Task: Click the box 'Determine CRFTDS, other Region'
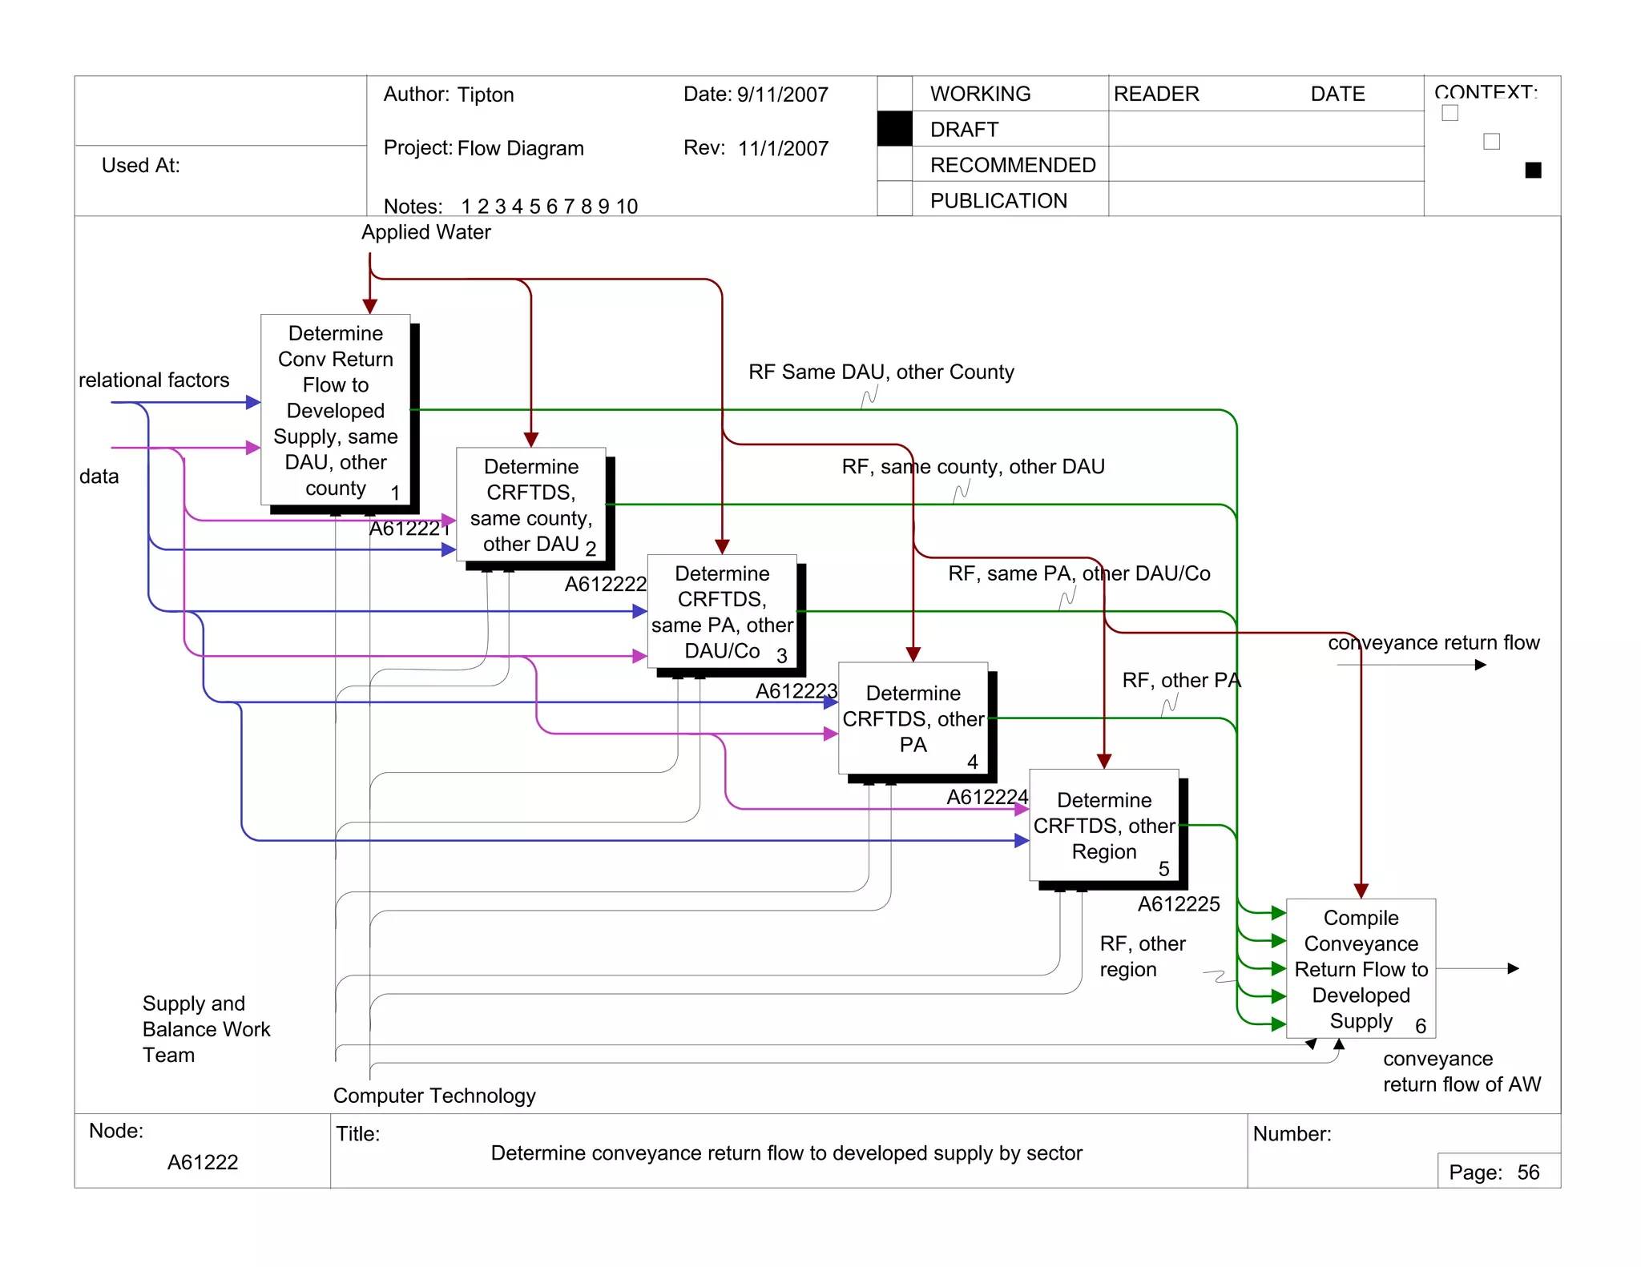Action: [1103, 825]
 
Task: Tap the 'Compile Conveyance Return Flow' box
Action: [1361, 968]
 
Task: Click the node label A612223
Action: [796, 690]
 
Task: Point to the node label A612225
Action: [1178, 904]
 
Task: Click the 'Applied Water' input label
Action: [425, 232]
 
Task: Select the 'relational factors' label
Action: [154, 380]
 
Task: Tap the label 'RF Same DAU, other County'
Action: [881, 372]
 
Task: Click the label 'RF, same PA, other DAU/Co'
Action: [1079, 573]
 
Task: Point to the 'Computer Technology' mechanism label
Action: [434, 1095]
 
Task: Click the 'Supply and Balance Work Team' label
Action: [206, 1028]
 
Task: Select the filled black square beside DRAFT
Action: [894, 129]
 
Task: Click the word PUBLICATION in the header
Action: [998, 200]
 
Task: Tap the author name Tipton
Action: [486, 95]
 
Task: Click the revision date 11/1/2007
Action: [783, 148]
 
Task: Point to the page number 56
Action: [1528, 1172]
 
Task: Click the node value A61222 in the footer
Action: [203, 1162]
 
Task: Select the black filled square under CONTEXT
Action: [1533, 170]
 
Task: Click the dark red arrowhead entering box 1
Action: [369, 307]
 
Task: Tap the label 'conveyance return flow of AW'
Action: [1461, 1071]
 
